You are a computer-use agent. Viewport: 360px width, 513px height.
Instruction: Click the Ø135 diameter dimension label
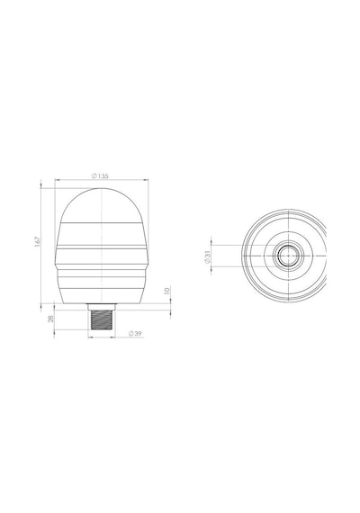click(100, 176)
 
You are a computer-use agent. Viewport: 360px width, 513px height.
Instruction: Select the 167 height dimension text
click(39, 241)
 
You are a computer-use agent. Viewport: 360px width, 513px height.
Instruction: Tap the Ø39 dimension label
click(135, 334)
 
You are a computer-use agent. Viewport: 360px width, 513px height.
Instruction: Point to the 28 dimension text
click(51, 319)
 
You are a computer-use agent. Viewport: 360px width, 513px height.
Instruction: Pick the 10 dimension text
click(166, 291)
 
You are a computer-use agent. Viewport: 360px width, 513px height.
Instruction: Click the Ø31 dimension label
click(206, 256)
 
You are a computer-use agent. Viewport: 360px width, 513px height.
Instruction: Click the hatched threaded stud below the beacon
click(102, 319)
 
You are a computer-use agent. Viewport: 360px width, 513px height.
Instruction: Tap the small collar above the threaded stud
click(102, 307)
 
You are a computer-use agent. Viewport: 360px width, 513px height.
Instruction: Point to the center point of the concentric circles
click(288, 256)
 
